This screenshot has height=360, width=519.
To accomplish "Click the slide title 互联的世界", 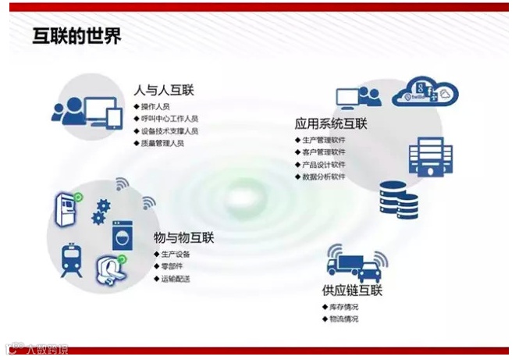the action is click(x=76, y=36).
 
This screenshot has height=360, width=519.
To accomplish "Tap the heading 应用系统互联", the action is click(x=331, y=123).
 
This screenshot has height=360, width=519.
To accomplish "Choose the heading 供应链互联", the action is click(x=352, y=290).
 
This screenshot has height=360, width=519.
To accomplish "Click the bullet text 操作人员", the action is click(x=155, y=105).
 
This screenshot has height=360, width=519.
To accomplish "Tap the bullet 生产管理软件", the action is click(x=323, y=140).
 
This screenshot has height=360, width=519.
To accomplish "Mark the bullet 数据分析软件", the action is click(x=323, y=177).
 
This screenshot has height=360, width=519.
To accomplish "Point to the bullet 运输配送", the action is click(x=175, y=279).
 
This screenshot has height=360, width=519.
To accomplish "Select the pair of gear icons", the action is click(x=100, y=211).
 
